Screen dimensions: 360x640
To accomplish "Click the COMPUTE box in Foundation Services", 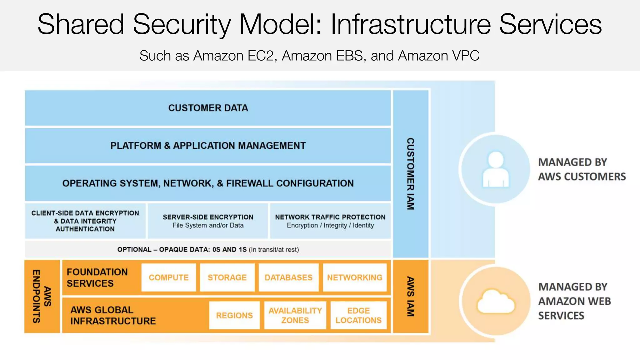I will click(168, 277).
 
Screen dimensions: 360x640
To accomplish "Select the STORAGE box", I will click(227, 277).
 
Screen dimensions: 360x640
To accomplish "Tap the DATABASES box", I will click(288, 277).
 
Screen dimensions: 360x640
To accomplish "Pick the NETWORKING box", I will click(355, 277).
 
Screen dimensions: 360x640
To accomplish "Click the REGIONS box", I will click(234, 315).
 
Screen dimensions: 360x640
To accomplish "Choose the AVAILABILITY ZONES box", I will click(295, 315).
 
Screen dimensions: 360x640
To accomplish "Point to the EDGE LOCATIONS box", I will click(358, 315).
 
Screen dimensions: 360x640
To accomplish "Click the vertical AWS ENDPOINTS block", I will click(42, 296).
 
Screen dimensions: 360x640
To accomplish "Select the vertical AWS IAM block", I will click(411, 296).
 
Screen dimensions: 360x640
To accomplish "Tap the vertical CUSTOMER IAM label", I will click(411, 174).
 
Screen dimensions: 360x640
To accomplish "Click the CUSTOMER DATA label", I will click(208, 108).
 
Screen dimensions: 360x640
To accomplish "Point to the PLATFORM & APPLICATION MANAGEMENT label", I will click(208, 146).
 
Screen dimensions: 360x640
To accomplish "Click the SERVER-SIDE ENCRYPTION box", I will click(208, 221).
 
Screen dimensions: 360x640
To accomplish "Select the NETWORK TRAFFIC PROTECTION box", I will click(330, 221).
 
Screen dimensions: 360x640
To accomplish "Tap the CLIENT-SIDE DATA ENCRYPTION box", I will click(85, 221).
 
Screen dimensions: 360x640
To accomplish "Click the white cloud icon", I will click(496, 301).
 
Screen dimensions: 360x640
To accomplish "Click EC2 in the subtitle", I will click(262, 56).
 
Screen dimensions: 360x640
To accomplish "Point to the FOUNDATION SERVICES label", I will click(97, 277).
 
